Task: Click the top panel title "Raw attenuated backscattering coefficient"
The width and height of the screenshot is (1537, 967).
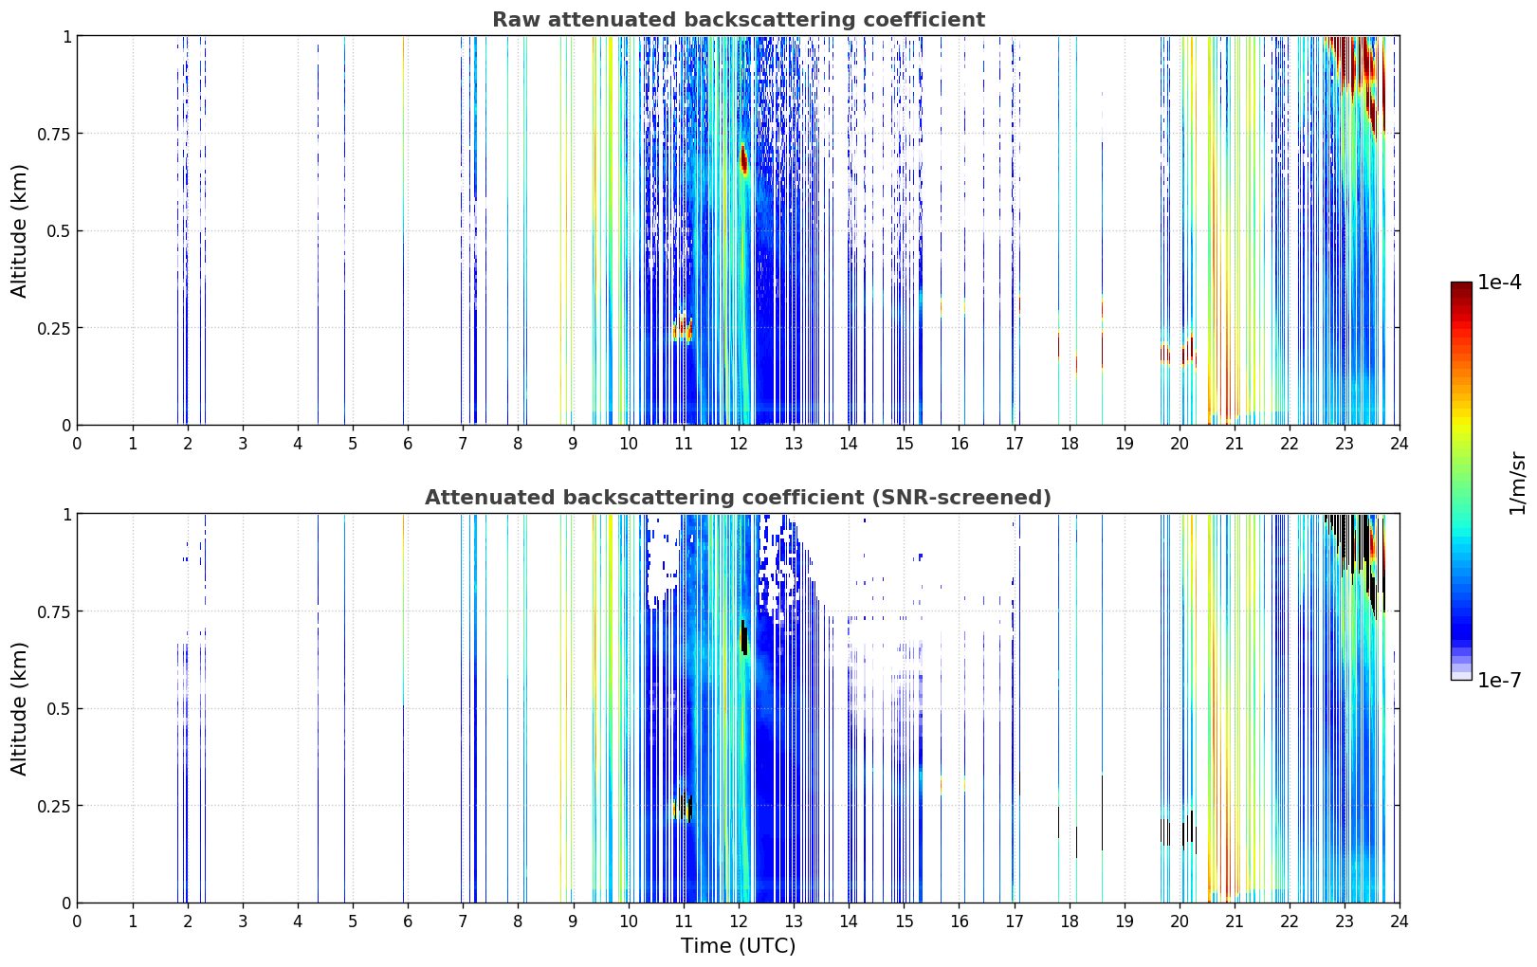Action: (x=738, y=20)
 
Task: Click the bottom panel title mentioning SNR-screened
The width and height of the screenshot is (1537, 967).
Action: (x=738, y=498)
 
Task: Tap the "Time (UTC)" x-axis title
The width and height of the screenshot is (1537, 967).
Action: (x=738, y=946)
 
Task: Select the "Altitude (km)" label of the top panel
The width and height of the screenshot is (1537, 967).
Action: (x=20, y=230)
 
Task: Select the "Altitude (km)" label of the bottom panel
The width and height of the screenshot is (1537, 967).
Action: (x=20, y=708)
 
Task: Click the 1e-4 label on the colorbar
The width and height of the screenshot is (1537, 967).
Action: (x=1499, y=283)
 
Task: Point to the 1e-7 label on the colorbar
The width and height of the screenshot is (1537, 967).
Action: (x=1499, y=680)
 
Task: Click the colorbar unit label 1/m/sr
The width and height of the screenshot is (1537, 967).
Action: (x=1518, y=483)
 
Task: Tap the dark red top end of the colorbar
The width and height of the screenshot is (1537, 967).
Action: (x=1461, y=287)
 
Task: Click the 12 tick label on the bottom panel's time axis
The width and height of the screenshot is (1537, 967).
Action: (x=739, y=921)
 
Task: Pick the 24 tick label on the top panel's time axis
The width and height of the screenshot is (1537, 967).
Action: (x=1400, y=444)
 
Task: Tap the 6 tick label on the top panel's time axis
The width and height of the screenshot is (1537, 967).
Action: (x=408, y=444)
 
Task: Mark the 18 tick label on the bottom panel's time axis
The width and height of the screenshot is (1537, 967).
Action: (x=1069, y=921)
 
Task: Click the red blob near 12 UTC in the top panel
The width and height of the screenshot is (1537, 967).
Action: (x=743, y=159)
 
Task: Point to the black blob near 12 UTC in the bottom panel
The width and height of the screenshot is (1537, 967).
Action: (x=743, y=637)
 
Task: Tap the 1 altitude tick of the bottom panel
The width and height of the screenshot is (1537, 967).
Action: (x=66, y=514)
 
